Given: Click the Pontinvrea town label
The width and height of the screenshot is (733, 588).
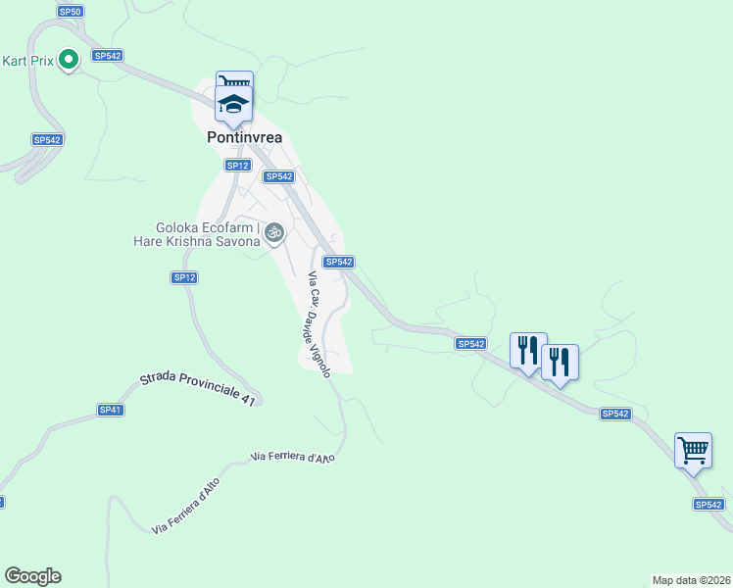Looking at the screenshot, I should (245, 138).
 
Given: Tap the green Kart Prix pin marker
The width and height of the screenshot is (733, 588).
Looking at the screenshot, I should (69, 61).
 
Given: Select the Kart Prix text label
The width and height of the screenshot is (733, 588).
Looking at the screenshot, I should (25, 61).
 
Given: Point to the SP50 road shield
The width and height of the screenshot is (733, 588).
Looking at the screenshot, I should (70, 12).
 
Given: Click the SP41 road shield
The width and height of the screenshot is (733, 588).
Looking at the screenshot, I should (110, 410).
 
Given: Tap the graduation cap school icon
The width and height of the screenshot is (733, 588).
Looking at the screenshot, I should (234, 104).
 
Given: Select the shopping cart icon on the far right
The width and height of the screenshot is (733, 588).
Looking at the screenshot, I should (693, 451).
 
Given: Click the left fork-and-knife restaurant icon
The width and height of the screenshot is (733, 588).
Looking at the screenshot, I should (527, 350).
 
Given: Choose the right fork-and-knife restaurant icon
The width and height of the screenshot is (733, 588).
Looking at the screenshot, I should (560, 363).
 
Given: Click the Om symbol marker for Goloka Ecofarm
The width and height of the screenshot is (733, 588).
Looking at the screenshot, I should (275, 232).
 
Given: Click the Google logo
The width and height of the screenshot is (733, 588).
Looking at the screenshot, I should (32, 576).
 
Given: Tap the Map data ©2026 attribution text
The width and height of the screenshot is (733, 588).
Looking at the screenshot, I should (691, 580).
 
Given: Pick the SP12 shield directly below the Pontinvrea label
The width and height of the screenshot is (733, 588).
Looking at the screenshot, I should (237, 166).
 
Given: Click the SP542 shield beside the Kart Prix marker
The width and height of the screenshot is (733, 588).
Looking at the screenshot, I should (107, 56).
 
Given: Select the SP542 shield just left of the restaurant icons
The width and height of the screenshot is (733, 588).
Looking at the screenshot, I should (470, 344).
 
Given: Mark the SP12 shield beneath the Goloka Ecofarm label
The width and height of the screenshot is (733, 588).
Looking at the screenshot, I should (185, 278).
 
